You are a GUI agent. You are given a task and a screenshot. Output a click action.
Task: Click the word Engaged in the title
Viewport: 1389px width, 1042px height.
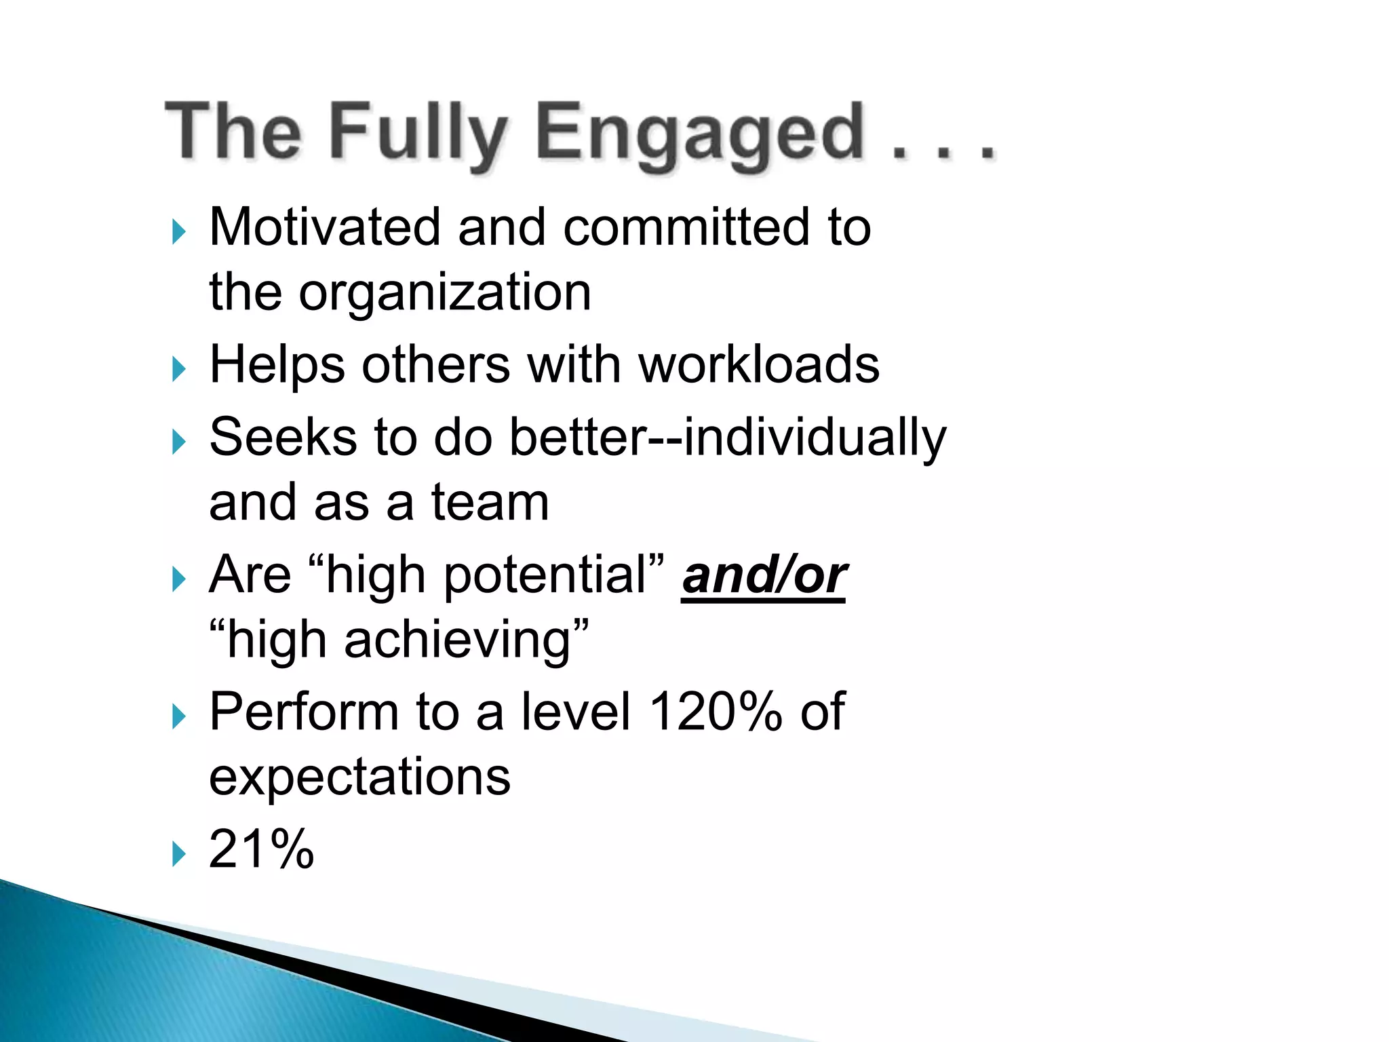point(699,132)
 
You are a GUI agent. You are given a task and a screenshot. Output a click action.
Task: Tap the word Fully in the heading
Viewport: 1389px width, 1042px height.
point(417,132)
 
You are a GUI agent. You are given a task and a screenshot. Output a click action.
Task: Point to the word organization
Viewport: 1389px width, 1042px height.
point(445,293)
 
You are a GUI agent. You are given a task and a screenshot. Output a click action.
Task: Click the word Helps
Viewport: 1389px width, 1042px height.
point(277,365)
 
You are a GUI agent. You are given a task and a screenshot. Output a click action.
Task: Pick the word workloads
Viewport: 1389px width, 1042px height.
point(759,365)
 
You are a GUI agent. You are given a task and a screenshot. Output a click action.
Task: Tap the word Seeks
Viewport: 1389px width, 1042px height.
point(283,437)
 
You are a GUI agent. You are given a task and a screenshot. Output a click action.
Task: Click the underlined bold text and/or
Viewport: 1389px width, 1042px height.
point(764,575)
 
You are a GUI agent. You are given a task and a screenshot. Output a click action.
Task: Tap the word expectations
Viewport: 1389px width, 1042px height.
point(359,777)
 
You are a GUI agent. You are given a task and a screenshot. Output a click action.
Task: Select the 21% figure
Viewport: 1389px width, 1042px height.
point(261,849)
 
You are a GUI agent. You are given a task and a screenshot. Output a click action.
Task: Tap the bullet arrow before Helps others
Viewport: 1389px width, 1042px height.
point(178,370)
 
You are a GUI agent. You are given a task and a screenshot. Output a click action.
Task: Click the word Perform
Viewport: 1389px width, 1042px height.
point(303,712)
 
